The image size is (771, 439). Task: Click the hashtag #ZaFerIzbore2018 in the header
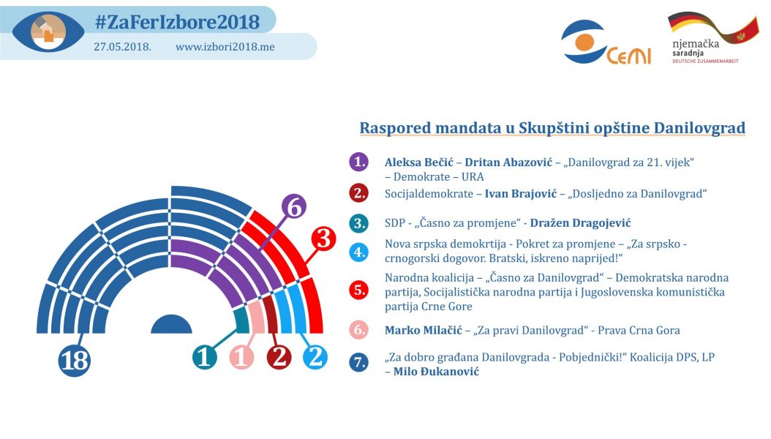tap(176, 22)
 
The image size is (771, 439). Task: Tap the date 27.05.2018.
tap(122, 47)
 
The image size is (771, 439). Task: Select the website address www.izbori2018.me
tap(225, 47)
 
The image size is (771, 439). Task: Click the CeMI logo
tap(605, 43)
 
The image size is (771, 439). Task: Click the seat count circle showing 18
tap(74, 361)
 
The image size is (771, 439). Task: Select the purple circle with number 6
tap(293, 209)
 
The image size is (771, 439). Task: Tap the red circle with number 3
tap(325, 239)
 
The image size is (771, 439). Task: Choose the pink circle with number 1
tap(242, 357)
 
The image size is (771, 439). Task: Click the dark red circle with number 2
tap(279, 357)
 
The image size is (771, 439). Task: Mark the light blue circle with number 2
tap(315, 357)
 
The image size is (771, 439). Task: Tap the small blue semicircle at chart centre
tap(171, 326)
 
